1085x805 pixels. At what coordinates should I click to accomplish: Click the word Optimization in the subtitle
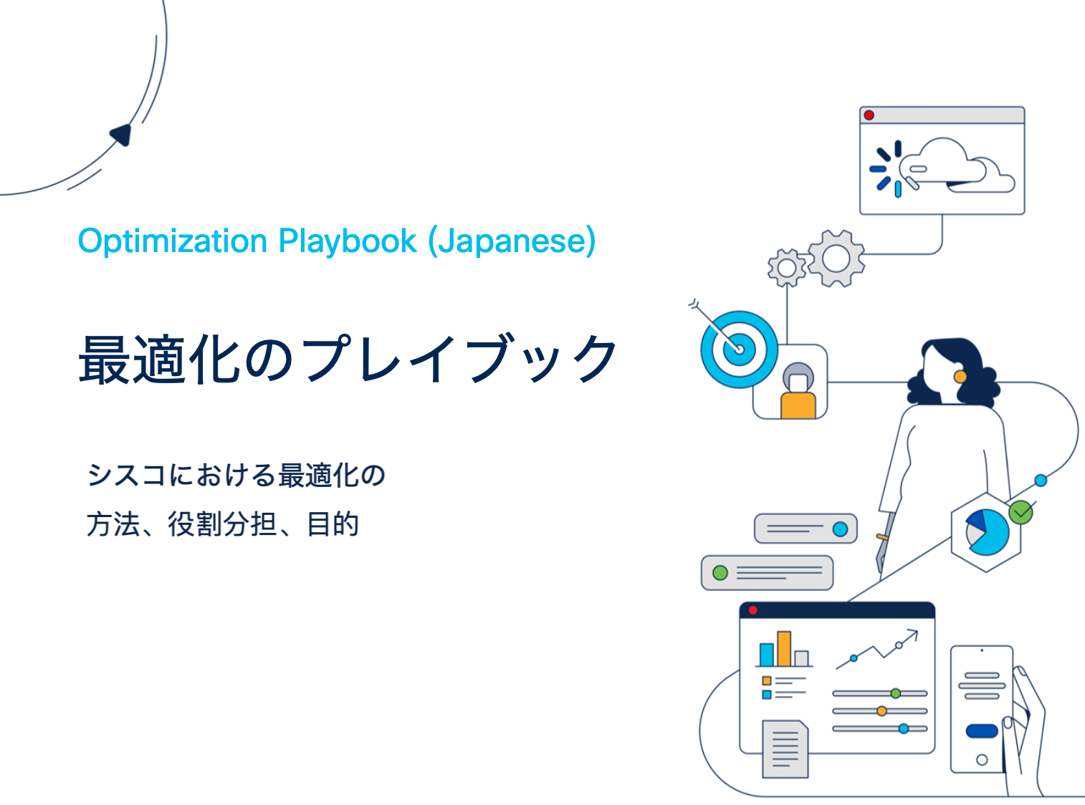(173, 241)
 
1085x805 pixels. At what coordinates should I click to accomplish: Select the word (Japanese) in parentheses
(512, 241)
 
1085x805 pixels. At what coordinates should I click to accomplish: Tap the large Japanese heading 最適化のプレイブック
(348, 360)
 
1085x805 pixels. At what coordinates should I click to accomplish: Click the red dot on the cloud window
(869, 115)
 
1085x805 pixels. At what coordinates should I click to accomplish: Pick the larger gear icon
(836, 258)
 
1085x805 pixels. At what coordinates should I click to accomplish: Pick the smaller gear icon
(787, 268)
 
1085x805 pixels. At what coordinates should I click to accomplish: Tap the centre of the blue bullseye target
(739, 350)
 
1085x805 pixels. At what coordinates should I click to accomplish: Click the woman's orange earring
(960, 376)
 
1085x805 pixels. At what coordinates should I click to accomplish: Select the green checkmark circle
(1021, 513)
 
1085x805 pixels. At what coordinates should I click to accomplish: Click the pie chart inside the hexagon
(987, 532)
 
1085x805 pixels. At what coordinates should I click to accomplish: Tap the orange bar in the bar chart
(784, 648)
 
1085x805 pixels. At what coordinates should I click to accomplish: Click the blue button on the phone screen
(982, 731)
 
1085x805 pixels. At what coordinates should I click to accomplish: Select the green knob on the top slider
(896, 693)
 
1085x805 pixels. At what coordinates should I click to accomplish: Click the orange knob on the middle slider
(881, 710)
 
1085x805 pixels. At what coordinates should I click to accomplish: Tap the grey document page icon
(785, 748)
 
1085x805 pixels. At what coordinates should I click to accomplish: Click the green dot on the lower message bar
(720, 572)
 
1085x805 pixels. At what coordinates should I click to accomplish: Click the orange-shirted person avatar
(798, 391)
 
